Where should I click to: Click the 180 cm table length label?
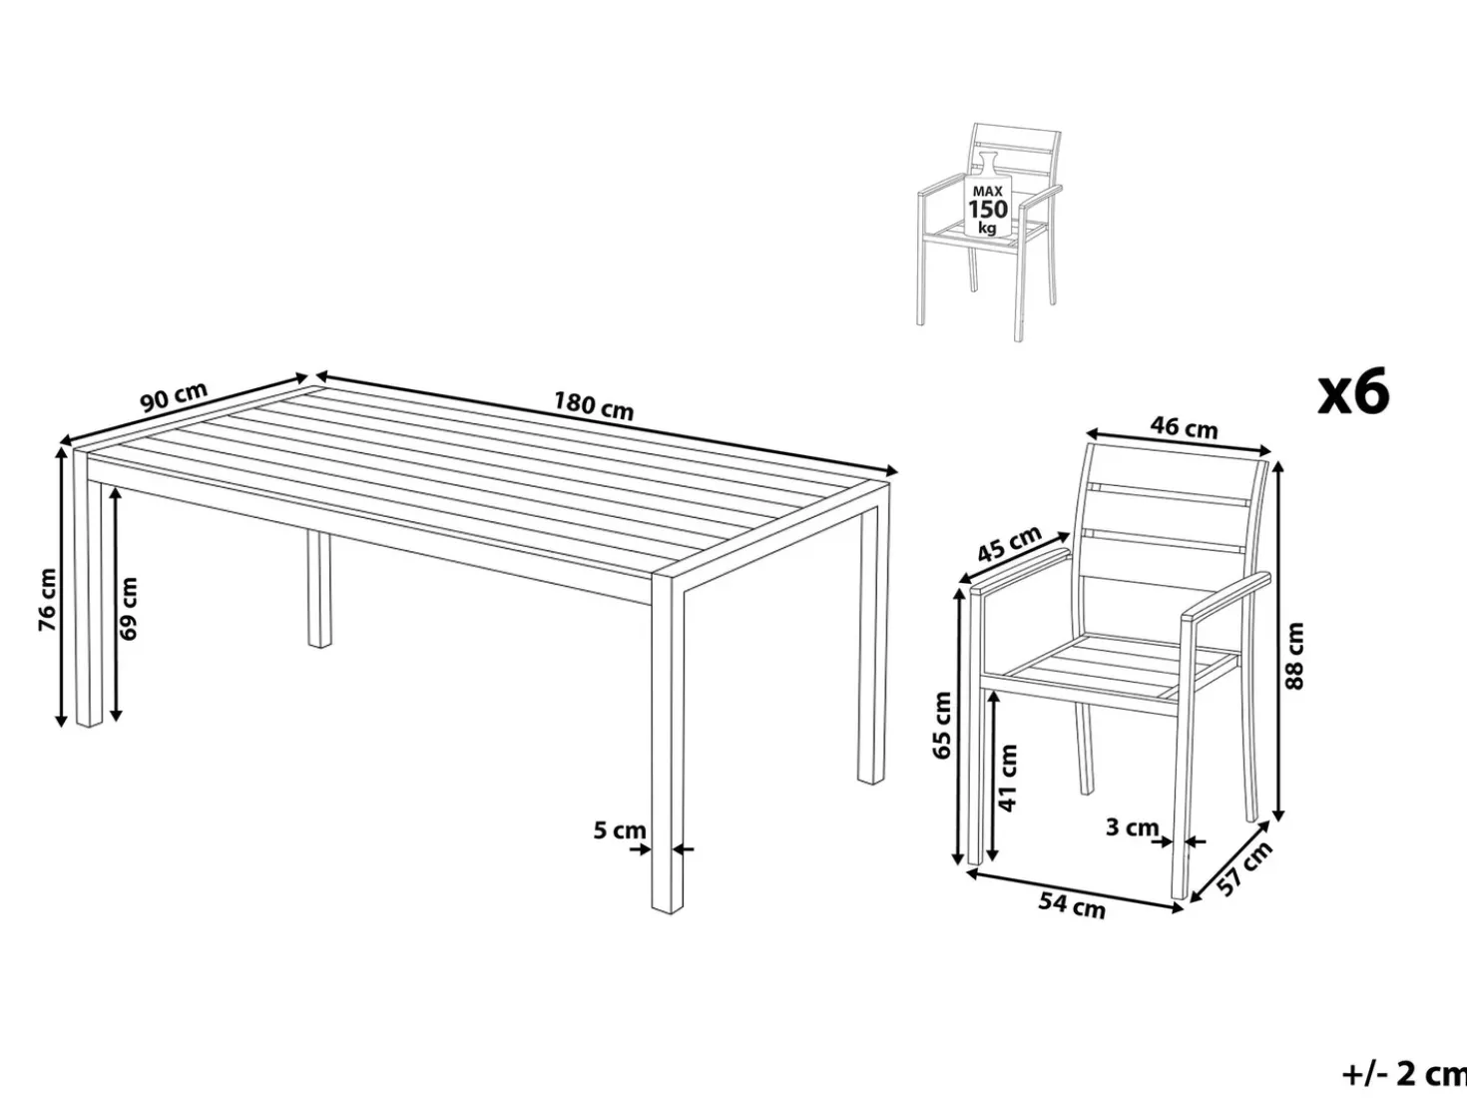point(594,406)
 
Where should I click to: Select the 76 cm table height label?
point(48,600)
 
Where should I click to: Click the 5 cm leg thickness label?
point(620,830)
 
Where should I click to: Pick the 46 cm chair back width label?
point(1184,426)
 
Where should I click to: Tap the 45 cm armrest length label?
point(1009,543)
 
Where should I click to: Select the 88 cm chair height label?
point(1294,656)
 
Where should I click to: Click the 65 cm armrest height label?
point(942,726)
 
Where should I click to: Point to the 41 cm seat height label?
point(1007,778)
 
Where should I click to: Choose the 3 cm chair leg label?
point(1132,827)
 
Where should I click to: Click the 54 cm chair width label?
point(1072,905)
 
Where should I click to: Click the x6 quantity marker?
point(1353,392)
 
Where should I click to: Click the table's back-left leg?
point(319,589)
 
